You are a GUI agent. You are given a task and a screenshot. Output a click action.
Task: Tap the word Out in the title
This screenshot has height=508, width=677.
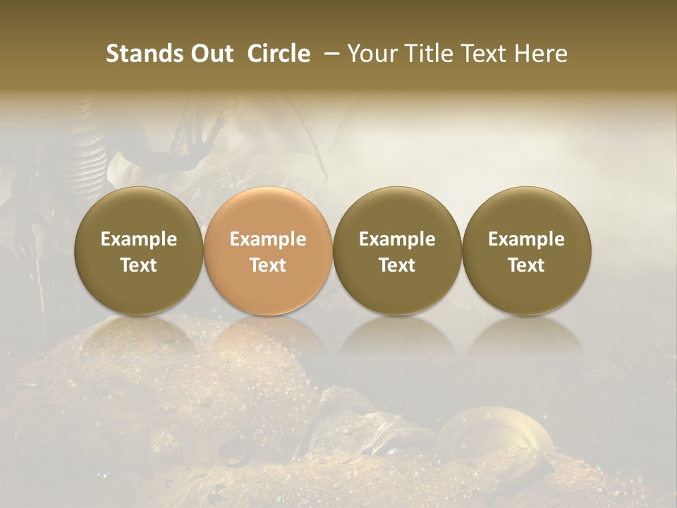(210, 54)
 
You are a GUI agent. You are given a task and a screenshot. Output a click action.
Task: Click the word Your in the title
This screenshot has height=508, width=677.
(372, 54)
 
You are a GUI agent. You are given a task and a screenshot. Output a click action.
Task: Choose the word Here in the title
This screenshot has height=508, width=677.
(542, 54)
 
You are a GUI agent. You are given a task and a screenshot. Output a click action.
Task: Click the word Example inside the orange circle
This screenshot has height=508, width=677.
(268, 239)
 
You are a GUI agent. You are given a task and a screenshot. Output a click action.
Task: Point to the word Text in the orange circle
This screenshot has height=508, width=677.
(268, 265)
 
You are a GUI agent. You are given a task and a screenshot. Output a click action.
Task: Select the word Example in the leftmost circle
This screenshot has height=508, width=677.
(138, 239)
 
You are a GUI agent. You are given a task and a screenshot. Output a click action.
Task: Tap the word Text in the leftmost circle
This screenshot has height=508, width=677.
(138, 265)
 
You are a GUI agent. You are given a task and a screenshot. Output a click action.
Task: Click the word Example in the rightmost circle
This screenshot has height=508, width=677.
(526, 239)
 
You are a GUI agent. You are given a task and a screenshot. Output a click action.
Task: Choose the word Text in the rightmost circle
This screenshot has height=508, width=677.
(526, 265)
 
